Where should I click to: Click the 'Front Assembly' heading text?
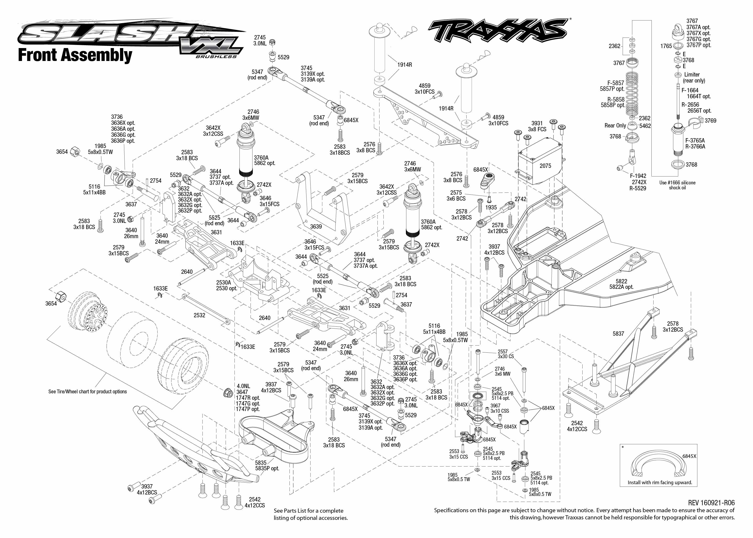click(75, 55)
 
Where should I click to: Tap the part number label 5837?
click(618, 334)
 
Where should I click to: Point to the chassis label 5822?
click(621, 281)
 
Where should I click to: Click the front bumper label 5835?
click(261, 462)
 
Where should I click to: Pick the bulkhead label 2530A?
click(224, 283)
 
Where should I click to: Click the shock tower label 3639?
click(316, 227)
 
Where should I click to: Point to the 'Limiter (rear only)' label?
click(694, 77)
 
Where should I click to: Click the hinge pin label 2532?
click(199, 315)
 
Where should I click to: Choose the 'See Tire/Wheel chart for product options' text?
click(87, 392)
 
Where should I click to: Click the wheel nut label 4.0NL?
click(243, 386)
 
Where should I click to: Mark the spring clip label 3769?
click(710, 121)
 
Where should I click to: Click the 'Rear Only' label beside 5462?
click(615, 126)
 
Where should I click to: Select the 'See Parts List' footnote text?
click(310, 514)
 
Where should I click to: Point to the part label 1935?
click(491, 207)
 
